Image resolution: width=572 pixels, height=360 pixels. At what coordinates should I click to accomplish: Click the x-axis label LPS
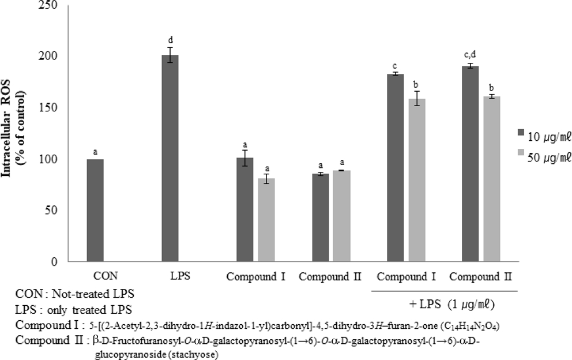(170, 275)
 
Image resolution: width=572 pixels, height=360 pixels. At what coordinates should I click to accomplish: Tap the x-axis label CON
(95, 275)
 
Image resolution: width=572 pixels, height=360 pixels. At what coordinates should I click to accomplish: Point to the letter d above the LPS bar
(170, 40)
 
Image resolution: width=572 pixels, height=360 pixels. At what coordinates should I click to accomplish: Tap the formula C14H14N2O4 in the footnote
(471, 327)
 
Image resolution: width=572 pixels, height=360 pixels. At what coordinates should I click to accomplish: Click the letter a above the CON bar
(95, 152)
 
